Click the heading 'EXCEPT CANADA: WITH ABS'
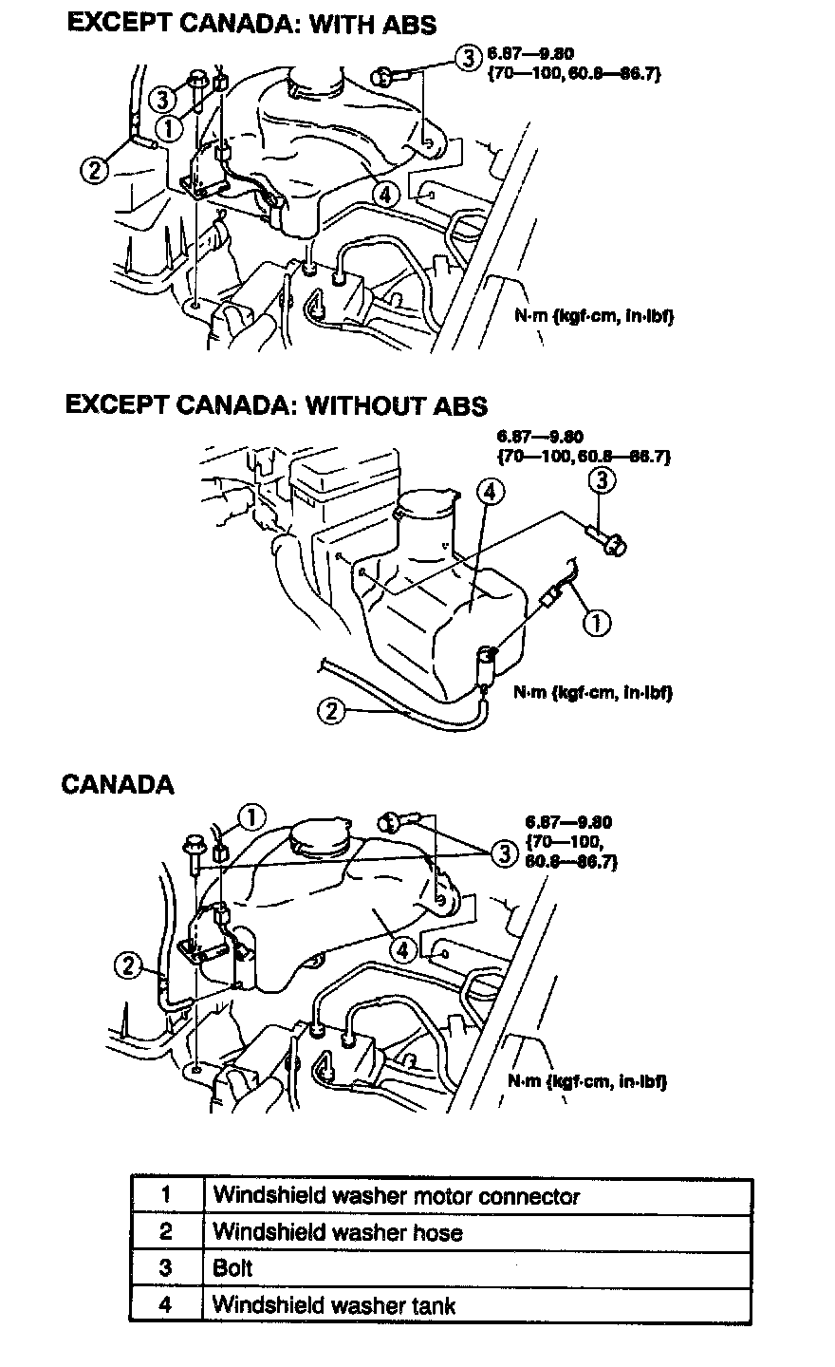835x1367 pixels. (251, 24)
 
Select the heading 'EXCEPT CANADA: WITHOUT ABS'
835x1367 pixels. (276, 405)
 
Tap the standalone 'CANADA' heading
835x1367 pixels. (118, 784)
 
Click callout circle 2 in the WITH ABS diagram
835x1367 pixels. (94, 170)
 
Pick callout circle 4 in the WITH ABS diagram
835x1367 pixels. (383, 194)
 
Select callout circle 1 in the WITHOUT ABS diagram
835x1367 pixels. (597, 623)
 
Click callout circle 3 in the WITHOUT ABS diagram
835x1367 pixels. (603, 481)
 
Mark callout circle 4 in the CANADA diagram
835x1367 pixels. (402, 948)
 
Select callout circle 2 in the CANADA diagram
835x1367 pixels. (126, 966)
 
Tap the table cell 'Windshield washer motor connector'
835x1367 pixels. (395, 1196)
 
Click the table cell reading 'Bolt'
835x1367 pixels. (232, 1268)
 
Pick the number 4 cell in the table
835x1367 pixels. (165, 1304)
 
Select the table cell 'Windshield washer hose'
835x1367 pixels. (338, 1232)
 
